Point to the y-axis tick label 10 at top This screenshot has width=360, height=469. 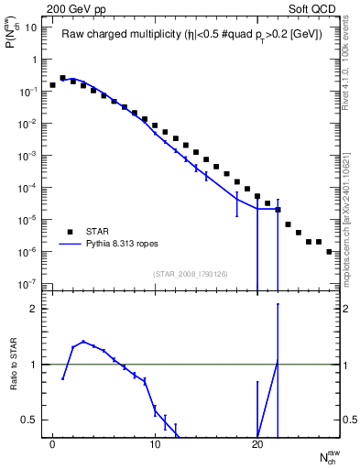tap(32, 27)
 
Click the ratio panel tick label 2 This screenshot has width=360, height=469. tap(34, 309)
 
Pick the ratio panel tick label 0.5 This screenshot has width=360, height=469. tap(30, 420)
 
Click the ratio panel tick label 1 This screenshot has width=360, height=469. tap(34, 365)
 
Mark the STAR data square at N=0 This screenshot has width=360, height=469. tap(53, 85)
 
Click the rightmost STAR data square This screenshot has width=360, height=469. tap(329, 251)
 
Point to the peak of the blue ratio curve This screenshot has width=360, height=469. tap(83, 342)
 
